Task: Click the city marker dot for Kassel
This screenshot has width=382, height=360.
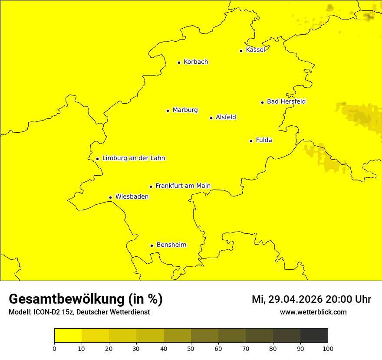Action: click(x=241, y=51)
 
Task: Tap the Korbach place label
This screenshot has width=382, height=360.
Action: click(x=196, y=62)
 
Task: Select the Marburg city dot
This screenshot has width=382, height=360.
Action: click(x=168, y=111)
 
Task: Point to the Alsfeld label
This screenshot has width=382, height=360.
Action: click(x=226, y=117)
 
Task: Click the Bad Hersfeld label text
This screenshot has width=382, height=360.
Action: click(x=286, y=101)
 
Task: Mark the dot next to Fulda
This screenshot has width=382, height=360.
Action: click(x=251, y=141)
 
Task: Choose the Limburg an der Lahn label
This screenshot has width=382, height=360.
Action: click(x=134, y=158)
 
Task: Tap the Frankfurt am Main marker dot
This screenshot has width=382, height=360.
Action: click(x=151, y=187)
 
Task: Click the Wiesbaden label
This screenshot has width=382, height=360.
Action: click(x=132, y=196)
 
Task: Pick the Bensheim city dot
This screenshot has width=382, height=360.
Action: click(x=151, y=245)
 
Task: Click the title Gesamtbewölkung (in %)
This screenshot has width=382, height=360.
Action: click(x=86, y=299)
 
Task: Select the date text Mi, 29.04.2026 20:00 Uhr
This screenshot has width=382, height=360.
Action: click(x=311, y=299)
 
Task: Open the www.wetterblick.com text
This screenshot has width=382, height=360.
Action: click(x=313, y=312)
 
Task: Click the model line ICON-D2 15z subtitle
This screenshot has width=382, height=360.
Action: click(x=79, y=312)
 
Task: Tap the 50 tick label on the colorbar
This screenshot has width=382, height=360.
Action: click(x=191, y=348)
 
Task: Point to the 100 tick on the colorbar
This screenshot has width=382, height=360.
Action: click(x=328, y=348)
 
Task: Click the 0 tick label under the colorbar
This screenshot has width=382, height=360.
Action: click(x=54, y=348)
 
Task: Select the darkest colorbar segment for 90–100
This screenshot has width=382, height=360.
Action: click(x=314, y=335)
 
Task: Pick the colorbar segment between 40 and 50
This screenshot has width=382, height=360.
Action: click(x=177, y=335)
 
